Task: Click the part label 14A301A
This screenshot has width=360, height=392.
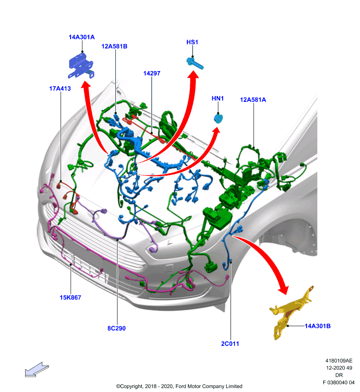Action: pos(81,37)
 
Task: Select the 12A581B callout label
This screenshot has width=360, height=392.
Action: pos(114,47)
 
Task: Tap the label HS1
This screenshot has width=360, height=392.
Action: pos(192,42)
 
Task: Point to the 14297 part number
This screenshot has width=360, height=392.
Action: pos(152,73)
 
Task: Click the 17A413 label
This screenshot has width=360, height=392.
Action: pos(60,89)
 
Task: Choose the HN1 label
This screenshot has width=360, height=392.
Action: pos(218,98)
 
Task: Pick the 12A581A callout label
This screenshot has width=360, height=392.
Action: pos(253,100)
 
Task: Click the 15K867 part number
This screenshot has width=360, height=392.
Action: pos(70,297)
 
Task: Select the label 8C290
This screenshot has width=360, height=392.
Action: pos(117,328)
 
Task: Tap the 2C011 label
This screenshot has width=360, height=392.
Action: pos(230,344)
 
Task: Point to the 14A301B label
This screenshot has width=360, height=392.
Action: pos(317,326)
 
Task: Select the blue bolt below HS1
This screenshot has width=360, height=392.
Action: pos(195,63)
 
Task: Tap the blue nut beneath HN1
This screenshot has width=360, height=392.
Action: pos(218,118)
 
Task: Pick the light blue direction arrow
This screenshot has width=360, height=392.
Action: pos(36,369)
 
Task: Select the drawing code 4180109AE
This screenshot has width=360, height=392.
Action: pos(339,361)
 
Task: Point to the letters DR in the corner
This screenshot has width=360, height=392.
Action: pos(339,375)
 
